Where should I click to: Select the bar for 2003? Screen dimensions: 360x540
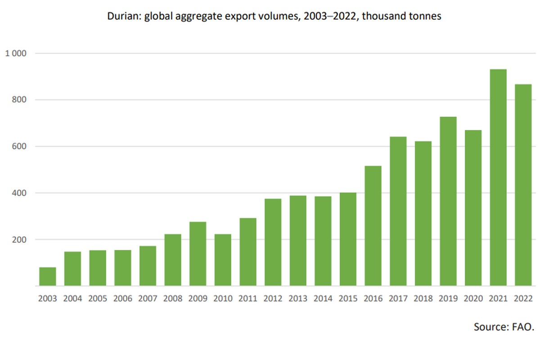(x=48, y=276)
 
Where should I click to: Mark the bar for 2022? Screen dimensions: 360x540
(x=523, y=185)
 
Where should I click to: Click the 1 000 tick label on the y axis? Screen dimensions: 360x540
(x=16, y=54)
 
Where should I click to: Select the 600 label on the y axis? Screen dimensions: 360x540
(x=21, y=146)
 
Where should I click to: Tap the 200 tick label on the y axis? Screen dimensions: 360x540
(x=21, y=239)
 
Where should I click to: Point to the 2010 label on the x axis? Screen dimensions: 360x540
(x=223, y=298)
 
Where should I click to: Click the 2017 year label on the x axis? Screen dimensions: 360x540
(x=398, y=298)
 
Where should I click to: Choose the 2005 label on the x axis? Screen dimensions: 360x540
(x=98, y=298)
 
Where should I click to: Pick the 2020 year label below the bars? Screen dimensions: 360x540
(x=473, y=298)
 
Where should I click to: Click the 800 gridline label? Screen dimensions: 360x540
(x=21, y=100)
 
